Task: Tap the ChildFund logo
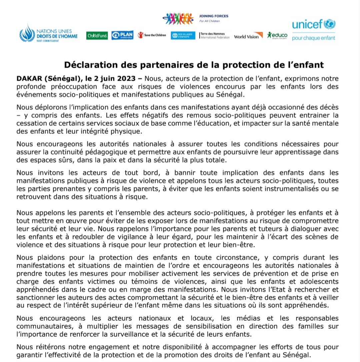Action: coord(97,36)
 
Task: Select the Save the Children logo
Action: coord(152,35)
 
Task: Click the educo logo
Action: coord(277,35)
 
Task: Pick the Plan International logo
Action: coord(122,35)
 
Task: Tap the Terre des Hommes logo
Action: coord(215,35)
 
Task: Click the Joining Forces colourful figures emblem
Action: coord(178,18)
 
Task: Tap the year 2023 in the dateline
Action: coord(125,79)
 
